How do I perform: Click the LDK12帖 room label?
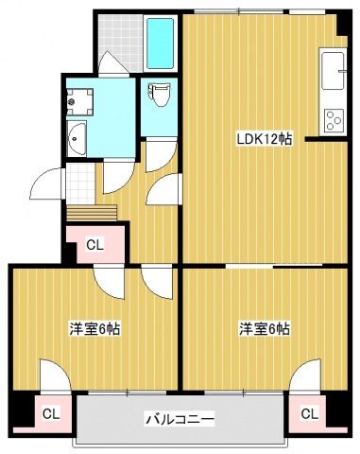[x=264, y=139]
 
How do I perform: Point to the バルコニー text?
[x=180, y=417]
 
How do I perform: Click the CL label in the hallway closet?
[x=94, y=245]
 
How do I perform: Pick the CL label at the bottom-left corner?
[x=51, y=412]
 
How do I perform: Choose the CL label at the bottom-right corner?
[x=309, y=412]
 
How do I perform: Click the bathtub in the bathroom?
[x=162, y=43]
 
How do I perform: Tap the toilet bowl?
[x=159, y=96]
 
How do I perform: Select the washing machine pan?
[x=77, y=98]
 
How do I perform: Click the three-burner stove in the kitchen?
[x=334, y=119]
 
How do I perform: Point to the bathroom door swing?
[x=111, y=63]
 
